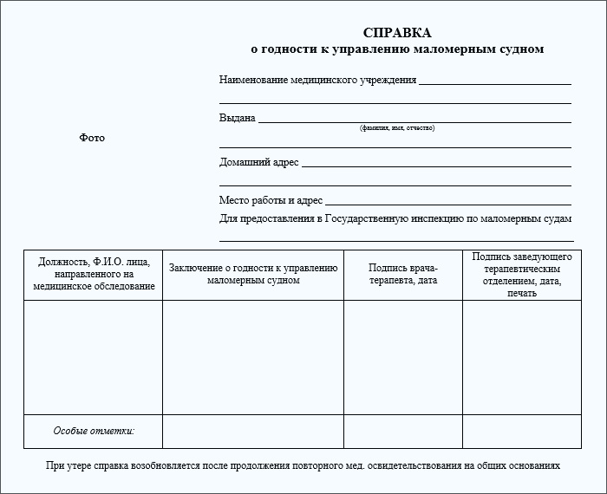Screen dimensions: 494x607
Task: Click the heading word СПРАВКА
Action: coord(397,33)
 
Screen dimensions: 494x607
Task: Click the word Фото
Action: coord(92,138)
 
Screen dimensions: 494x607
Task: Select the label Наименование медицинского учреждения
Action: coord(317,80)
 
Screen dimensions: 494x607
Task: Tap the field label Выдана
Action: coord(237,118)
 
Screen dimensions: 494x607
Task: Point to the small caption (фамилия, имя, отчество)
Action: coord(397,128)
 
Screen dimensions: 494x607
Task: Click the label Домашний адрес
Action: coord(258,162)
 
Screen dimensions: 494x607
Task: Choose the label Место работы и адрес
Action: coord(271,200)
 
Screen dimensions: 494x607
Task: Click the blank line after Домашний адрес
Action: coord(436,166)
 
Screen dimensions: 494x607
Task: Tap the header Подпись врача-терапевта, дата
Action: coord(403,274)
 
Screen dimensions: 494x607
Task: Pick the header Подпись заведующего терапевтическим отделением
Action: coord(522,275)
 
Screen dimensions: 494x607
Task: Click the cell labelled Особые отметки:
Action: coord(94,431)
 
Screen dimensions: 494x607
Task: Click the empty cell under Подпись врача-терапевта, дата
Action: coord(403,357)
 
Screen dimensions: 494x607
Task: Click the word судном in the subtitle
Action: coord(522,49)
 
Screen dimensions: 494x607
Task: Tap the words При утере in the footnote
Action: coord(65,465)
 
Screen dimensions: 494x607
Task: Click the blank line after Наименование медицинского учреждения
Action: coord(494,83)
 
